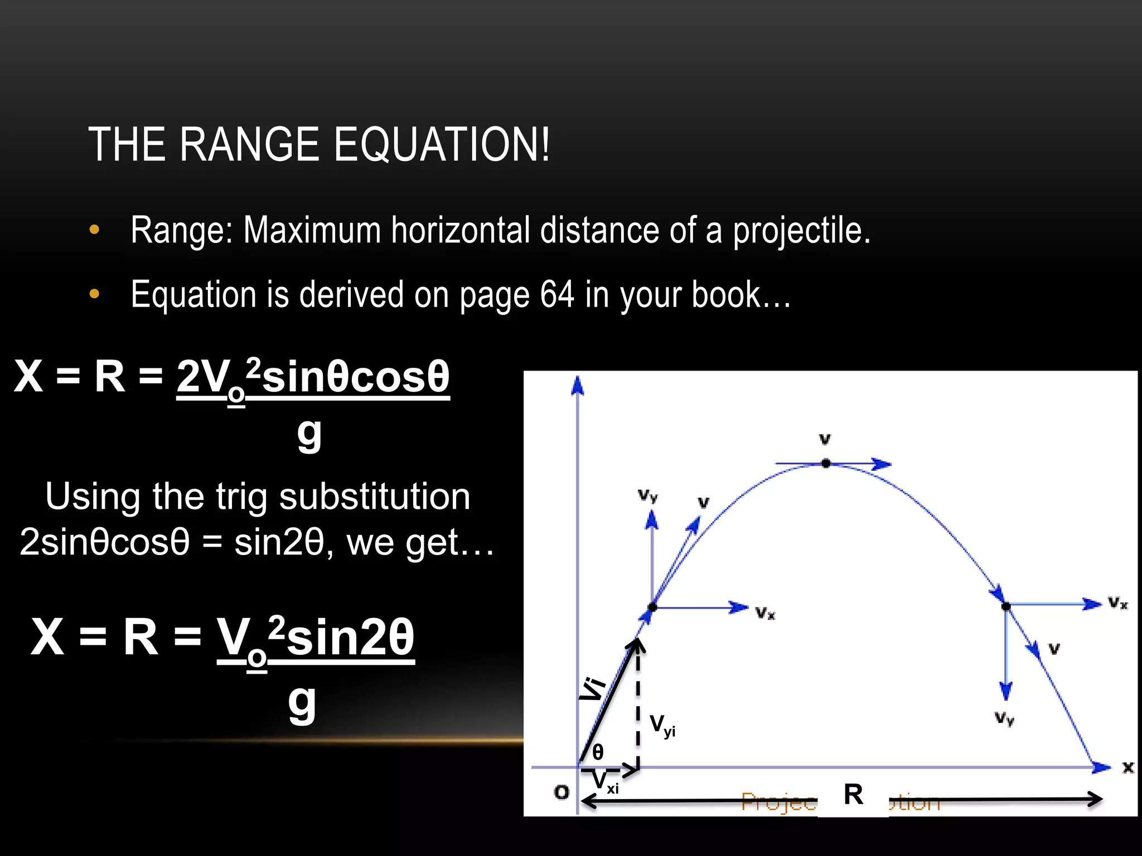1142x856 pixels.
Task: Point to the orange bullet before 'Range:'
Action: coord(94,230)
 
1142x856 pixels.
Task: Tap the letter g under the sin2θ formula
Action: coord(302,703)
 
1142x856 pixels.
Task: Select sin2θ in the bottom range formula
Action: coord(350,637)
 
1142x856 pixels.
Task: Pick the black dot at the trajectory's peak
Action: coord(826,463)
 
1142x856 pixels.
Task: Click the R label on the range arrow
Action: coord(853,795)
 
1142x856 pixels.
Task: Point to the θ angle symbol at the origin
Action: coord(598,752)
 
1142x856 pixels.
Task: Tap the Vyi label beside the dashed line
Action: coord(662,726)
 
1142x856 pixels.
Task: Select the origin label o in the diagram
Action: coord(562,791)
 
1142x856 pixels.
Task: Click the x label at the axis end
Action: coord(1128,767)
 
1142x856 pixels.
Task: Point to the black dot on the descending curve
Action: coord(1006,606)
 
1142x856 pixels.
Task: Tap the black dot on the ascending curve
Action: coord(652,607)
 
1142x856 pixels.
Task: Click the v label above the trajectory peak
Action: coord(825,439)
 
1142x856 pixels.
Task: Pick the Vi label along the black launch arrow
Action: coord(592,688)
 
